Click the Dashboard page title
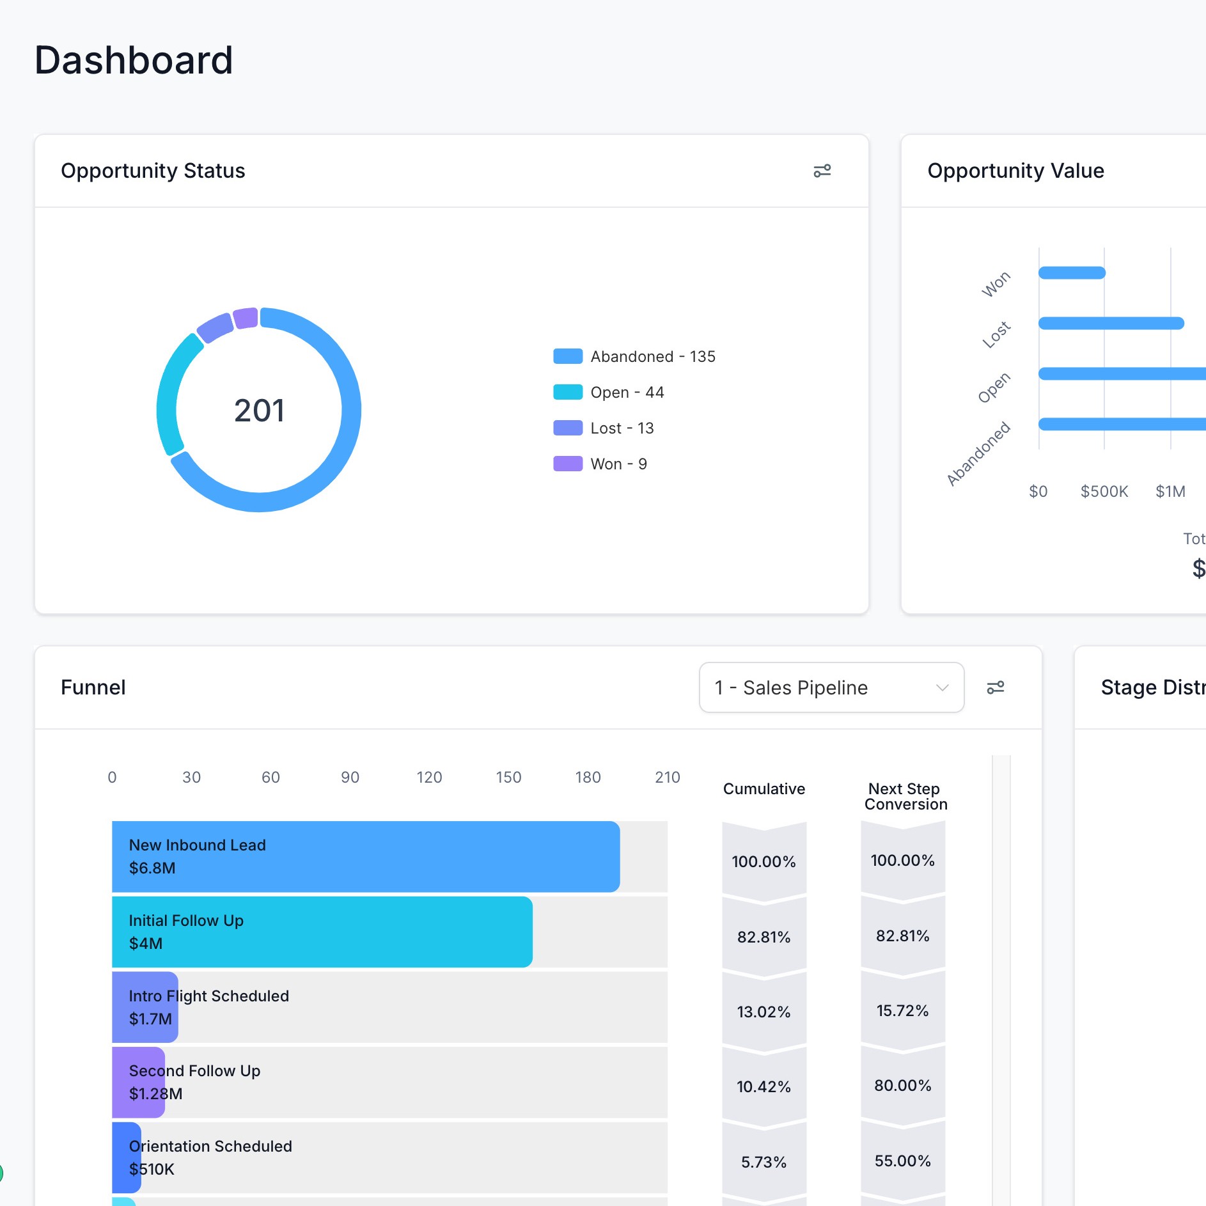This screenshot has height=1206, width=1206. [133, 61]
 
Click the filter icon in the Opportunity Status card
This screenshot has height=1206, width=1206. [822, 171]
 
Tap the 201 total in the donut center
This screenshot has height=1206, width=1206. [259, 411]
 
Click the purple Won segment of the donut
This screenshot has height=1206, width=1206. [246, 318]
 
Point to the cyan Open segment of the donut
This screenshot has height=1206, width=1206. [168, 390]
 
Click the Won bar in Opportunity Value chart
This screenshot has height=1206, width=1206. [1072, 273]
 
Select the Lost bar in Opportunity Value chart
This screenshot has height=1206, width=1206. [1111, 323]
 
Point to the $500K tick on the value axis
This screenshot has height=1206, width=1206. [1104, 491]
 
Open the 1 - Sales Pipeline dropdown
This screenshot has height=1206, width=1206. [831, 687]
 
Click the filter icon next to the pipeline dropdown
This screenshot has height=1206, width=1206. [995, 687]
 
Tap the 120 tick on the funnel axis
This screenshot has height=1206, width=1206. [429, 777]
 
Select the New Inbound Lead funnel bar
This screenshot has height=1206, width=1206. [365, 856]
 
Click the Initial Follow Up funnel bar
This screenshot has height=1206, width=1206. [322, 932]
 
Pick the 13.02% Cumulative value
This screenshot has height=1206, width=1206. [764, 1012]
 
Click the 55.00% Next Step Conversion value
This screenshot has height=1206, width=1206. [902, 1161]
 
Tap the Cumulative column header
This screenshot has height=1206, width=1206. [764, 788]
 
